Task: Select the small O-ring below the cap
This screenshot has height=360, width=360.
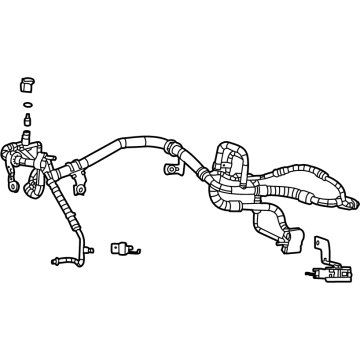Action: (28, 103)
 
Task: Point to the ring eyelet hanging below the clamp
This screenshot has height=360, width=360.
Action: (12, 186)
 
